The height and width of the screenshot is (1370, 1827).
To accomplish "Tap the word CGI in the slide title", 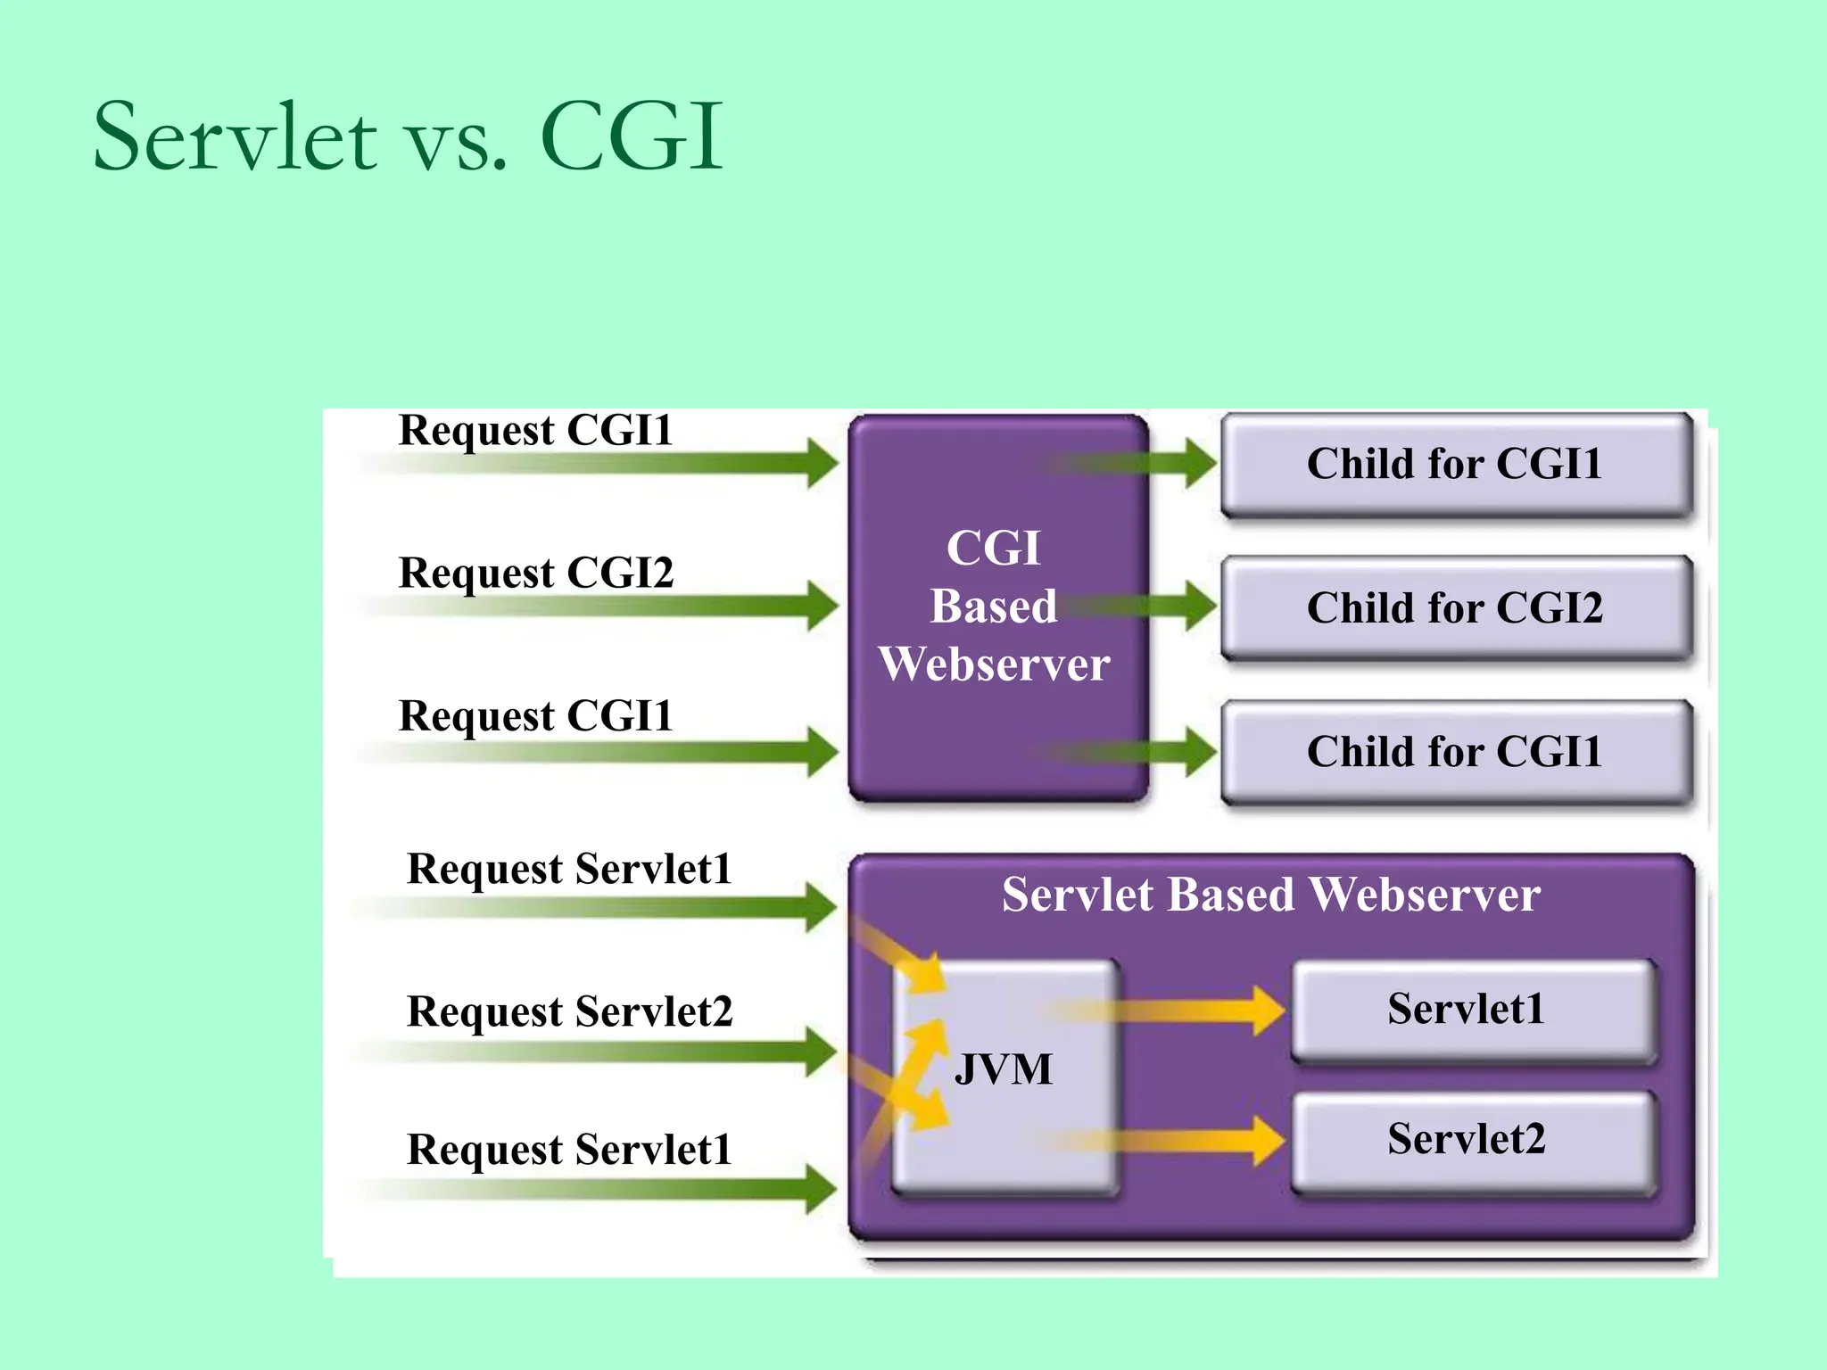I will click(632, 138).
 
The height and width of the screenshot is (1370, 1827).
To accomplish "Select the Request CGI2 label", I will click(535, 573).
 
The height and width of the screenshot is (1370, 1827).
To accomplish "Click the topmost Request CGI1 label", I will click(535, 430).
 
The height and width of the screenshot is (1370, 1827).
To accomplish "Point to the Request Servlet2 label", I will click(569, 1011).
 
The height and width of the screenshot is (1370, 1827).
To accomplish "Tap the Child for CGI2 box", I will click(1456, 608).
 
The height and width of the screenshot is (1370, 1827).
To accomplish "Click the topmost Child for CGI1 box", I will click(1456, 464).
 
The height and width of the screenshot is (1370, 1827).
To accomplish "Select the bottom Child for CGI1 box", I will click(1456, 752).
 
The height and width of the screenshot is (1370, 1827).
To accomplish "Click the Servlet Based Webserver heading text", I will click(1270, 895).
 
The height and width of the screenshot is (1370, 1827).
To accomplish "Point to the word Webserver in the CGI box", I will click(994, 664).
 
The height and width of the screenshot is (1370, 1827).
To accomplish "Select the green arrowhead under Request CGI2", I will click(821, 607).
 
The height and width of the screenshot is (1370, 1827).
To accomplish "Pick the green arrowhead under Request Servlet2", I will click(819, 1052).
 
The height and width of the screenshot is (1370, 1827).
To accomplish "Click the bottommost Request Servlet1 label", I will click(569, 1150).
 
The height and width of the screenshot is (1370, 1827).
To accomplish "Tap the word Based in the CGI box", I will click(994, 607).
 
